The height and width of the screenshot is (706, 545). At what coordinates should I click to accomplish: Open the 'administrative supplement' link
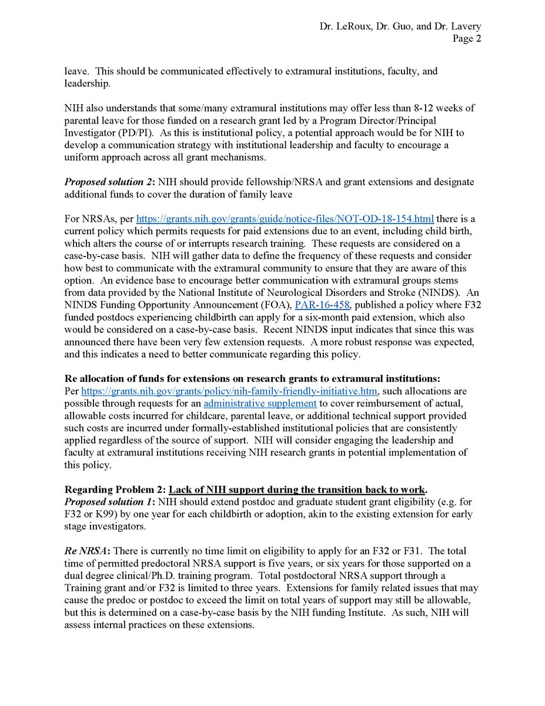tap(260, 403)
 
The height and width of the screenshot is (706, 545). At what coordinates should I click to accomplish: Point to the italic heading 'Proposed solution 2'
tap(107, 182)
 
